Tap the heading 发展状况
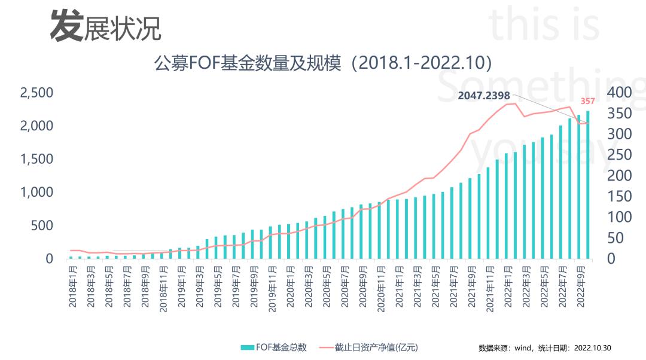point(105,27)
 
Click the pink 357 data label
point(588,100)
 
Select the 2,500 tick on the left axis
point(37,93)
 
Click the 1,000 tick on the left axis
point(37,193)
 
